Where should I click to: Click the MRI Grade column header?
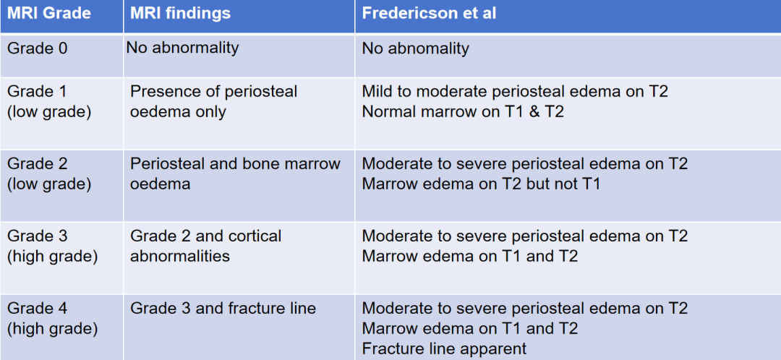[x=49, y=13]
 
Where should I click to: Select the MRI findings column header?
[x=180, y=13]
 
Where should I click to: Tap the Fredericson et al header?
[x=429, y=13]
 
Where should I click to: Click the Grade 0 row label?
[x=38, y=48]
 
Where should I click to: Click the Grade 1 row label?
[x=49, y=102]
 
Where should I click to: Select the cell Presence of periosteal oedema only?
[x=213, y=102]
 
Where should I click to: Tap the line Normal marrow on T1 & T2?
[x=463, y=111]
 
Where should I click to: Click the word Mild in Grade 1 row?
[x=376, y=92]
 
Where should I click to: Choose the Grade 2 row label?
[x=49, y=173]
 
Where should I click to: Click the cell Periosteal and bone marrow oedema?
[x=235, y=173]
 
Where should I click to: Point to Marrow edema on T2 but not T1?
[x=481, y=184]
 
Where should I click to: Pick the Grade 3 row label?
[x=52, y=246]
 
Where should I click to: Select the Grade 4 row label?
[x=52, y=319]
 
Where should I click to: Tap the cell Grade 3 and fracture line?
[x=223, y=308]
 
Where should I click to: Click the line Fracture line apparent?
[x=444, y=348]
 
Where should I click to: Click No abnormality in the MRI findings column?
[x=182, y=48]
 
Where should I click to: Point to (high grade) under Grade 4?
[x=52, y=329]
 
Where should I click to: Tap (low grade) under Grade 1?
[x=49, y=111]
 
